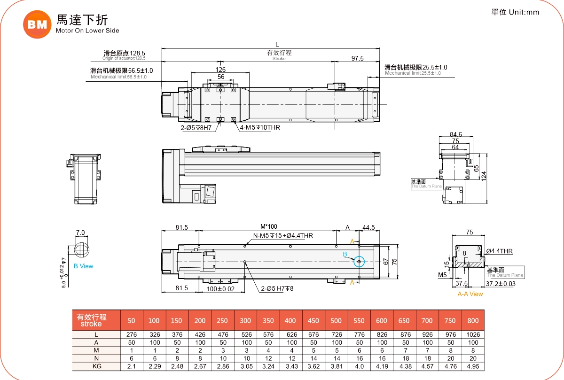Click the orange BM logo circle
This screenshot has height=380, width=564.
37,24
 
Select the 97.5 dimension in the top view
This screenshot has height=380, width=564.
358,58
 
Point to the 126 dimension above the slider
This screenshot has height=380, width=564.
220,70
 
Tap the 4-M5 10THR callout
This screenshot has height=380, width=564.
260,127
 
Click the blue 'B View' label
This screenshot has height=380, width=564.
83,266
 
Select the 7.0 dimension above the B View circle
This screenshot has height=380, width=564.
80,233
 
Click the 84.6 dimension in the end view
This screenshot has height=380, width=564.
455,135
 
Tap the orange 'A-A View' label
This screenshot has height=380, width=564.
470,294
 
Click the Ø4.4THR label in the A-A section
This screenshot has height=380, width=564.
499,251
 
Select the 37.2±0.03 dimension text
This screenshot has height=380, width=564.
500,284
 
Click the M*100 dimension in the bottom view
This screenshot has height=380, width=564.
269,227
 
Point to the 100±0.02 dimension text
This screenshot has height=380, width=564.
220,288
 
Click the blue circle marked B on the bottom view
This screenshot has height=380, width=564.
359,262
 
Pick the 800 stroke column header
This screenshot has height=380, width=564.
473,320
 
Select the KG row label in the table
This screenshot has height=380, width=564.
96,366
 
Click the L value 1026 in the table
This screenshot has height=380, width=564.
473,334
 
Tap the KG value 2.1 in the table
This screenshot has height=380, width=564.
132,366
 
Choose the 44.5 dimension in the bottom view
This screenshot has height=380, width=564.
368,227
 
